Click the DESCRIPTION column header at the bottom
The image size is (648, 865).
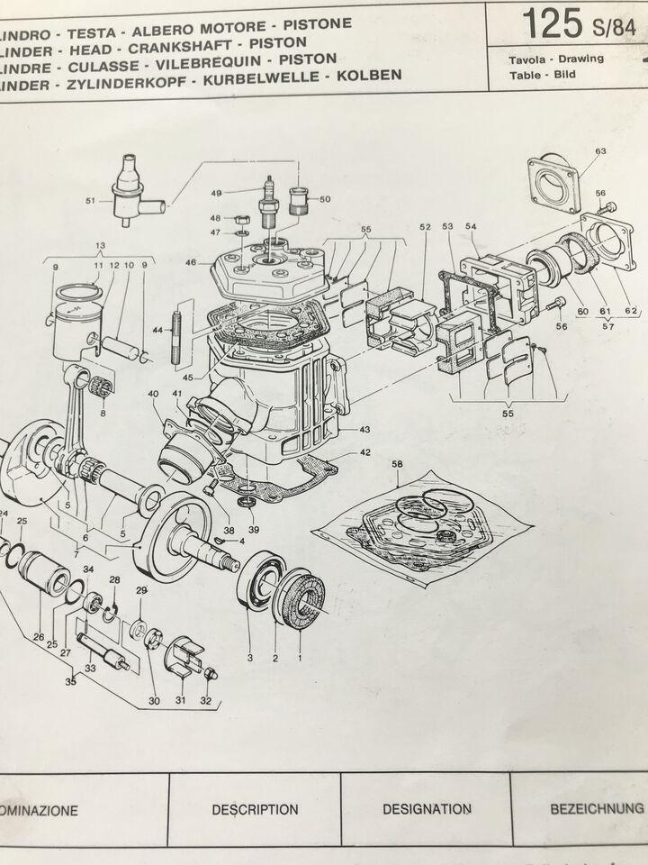coord(255,809)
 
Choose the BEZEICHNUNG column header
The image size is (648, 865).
coord(596,808)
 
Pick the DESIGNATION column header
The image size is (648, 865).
coord(427,809)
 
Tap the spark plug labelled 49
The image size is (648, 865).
coord(268,198)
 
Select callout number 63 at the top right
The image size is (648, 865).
coord(600,151)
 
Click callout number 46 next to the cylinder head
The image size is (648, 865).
coord(190,262)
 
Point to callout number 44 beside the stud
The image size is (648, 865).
coord(159,332)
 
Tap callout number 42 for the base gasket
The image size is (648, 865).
coord(364,452)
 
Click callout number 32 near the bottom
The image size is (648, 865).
coord(206,700)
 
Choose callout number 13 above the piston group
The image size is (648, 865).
coord(100,245)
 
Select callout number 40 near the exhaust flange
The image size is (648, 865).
coord(154,394)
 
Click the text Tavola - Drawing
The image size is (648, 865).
coord(555,59)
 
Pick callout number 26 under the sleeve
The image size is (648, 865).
coord(38,637)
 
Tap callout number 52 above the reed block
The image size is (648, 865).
coord(425,227)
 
